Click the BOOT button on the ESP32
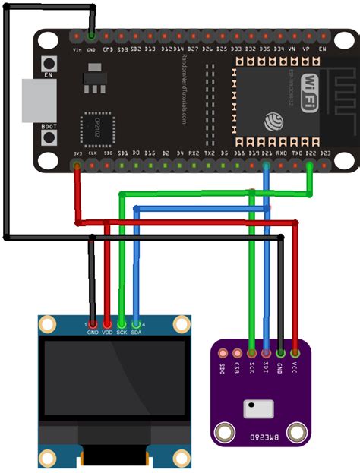[50, 137]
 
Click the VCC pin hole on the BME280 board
[295, 352]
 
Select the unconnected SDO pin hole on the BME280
[223, 353]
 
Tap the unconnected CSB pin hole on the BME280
[237, 353]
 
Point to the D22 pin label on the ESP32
[310, 153]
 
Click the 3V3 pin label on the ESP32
[77, 153]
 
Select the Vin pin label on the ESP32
[77, 49]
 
